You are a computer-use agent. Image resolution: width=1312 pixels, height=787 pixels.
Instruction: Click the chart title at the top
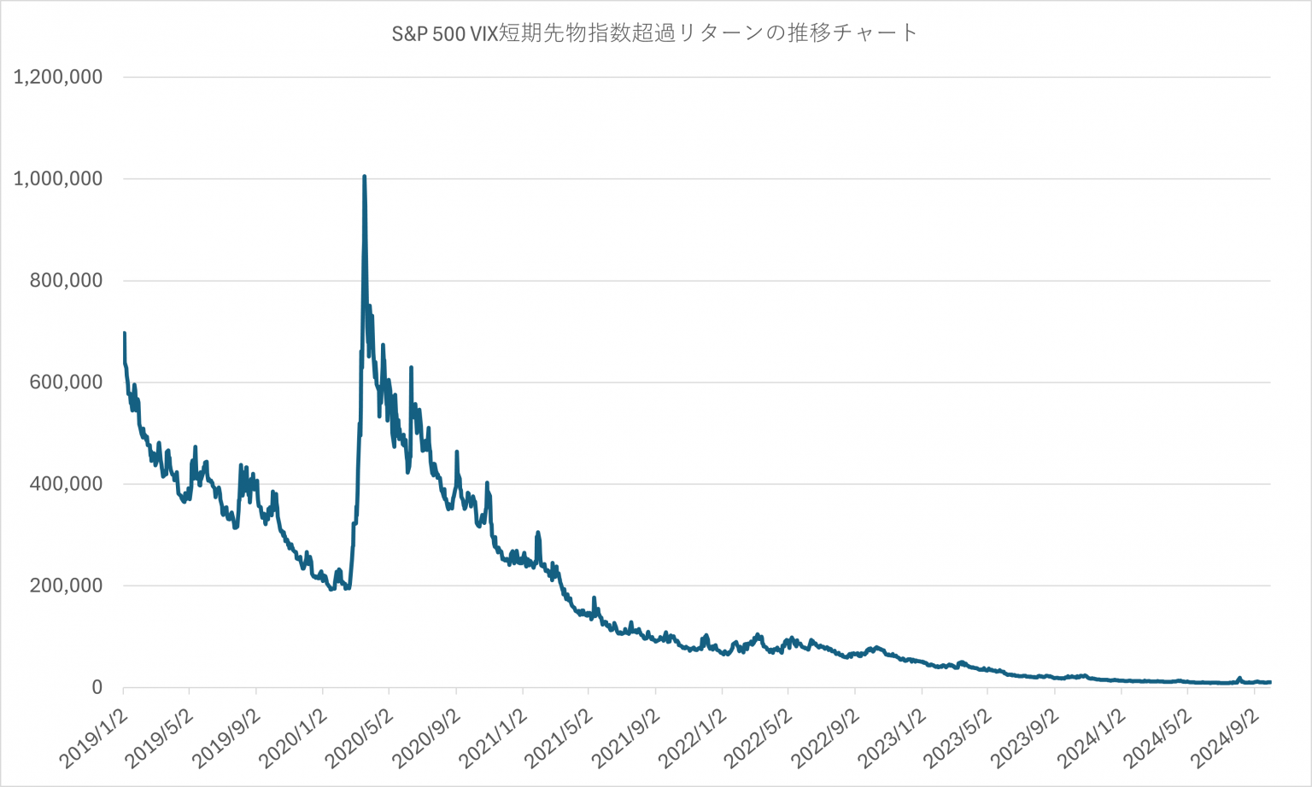[654, 33]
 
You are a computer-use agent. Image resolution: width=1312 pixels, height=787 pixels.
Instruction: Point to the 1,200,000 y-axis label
[58, 77]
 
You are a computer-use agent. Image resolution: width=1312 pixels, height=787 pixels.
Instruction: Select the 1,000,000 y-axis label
[58, 178]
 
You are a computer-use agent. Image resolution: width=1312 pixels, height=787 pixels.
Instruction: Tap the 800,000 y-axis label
[66, 280]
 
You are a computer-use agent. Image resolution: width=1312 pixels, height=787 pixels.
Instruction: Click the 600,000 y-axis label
[66, 382]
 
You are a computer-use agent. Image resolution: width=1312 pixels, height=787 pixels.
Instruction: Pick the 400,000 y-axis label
[66, 483]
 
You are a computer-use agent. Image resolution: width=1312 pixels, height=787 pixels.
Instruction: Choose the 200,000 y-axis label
[66, 585]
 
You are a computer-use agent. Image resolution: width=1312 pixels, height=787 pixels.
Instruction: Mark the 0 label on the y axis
[97, 687]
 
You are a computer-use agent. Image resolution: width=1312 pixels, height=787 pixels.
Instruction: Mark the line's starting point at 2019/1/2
[125, 334]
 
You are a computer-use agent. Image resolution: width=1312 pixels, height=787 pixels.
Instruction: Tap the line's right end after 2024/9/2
[1270, 682]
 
